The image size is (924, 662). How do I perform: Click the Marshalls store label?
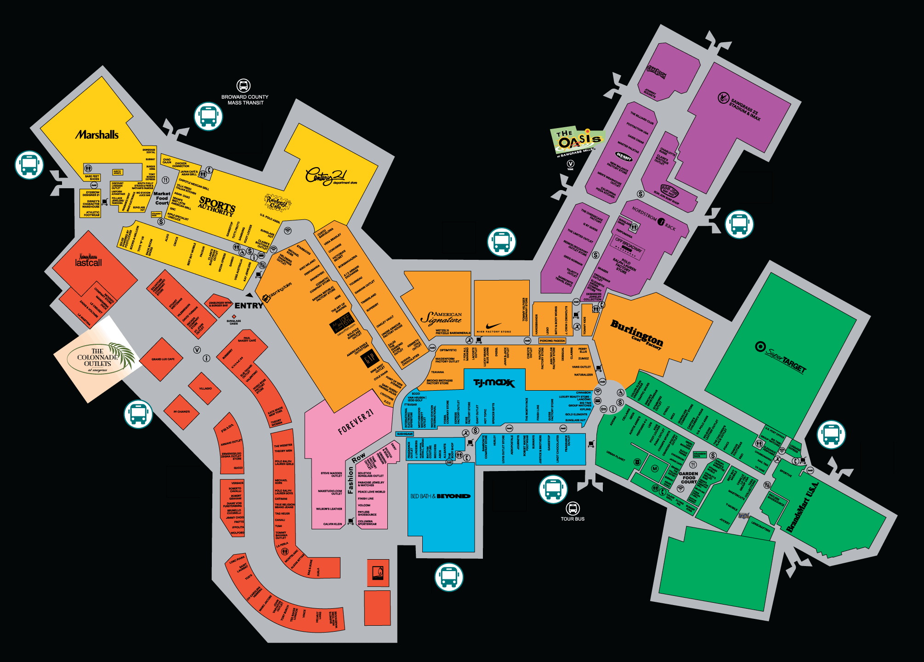point(97,135)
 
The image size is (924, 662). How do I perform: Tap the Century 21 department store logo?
point(327,177)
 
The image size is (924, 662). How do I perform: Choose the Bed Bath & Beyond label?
point(440,496)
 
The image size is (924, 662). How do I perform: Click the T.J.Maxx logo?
point(494,383)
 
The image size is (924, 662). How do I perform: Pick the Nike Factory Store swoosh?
point(493,325)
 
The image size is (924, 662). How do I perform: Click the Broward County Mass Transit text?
point(244,100)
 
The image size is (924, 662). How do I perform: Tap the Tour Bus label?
point(573,519)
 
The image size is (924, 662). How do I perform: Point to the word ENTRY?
point(249,306)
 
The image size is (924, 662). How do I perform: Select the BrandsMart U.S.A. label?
point(802,507)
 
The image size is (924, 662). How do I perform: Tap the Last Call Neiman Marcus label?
point(88,261)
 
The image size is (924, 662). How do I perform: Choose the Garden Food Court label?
point(688,477)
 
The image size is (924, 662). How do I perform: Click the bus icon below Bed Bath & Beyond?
point(449,577)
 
